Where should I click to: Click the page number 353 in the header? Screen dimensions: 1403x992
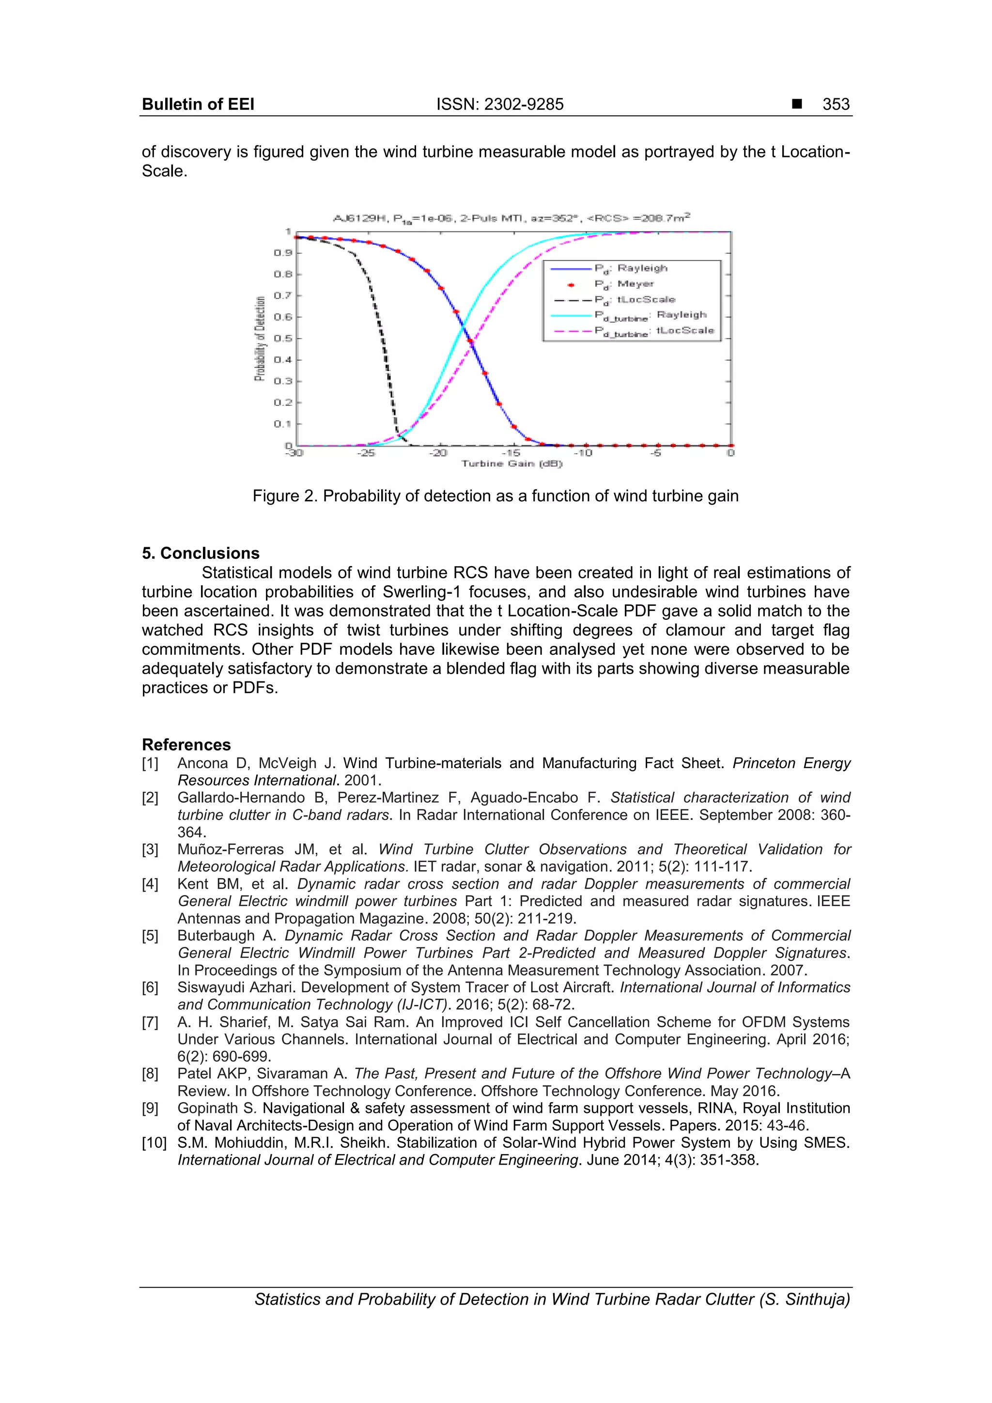836,105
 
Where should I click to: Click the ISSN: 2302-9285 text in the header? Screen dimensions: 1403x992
499,105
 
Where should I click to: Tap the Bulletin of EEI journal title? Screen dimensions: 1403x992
198,105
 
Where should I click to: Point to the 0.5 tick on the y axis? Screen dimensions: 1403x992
283,339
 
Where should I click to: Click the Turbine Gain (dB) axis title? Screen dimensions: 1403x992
511,464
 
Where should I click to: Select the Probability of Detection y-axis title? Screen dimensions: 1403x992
261,339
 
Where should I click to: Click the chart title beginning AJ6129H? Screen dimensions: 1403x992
511,217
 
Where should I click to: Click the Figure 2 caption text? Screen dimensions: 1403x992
495,496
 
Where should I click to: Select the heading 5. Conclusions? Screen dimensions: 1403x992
201,554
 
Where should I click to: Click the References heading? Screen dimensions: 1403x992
186,745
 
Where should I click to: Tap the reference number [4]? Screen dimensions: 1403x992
150,884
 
